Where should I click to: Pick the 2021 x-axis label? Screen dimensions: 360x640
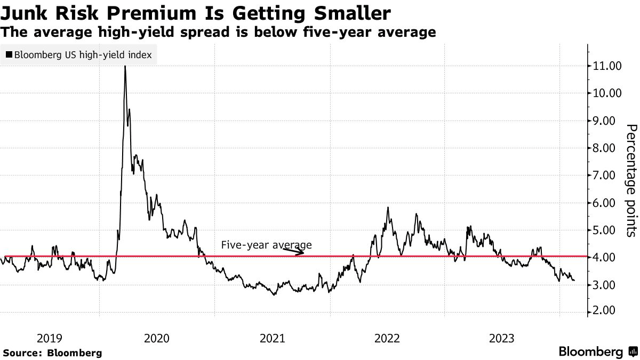(272, 338)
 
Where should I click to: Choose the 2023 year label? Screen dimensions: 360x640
(502, 338)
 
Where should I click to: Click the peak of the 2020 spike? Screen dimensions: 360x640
(125, 66)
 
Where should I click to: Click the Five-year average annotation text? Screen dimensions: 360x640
(266, 245)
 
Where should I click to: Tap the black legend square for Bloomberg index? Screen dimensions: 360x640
(9, 54)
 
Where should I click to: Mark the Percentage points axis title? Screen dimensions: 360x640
(630, 180)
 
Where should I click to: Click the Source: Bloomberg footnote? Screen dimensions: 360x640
(52, 353)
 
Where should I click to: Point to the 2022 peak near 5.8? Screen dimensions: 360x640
(388, 207)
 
